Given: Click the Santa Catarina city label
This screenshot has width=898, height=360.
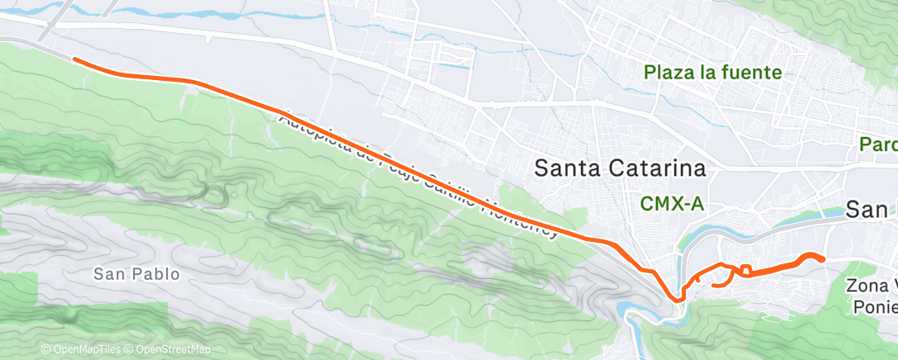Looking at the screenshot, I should (620, 168).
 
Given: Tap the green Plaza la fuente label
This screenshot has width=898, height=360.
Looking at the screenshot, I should (713, 73).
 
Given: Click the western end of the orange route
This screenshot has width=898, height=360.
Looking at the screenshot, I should (74, 59).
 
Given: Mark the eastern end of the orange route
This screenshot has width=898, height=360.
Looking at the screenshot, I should (823, 260).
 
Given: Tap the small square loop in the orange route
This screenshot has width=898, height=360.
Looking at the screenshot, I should (745, 269).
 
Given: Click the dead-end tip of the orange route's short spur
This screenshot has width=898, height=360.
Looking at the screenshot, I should (712, 286).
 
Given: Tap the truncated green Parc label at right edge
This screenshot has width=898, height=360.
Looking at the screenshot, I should (878, 144).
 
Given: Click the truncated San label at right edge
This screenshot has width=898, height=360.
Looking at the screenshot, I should (872, 210).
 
